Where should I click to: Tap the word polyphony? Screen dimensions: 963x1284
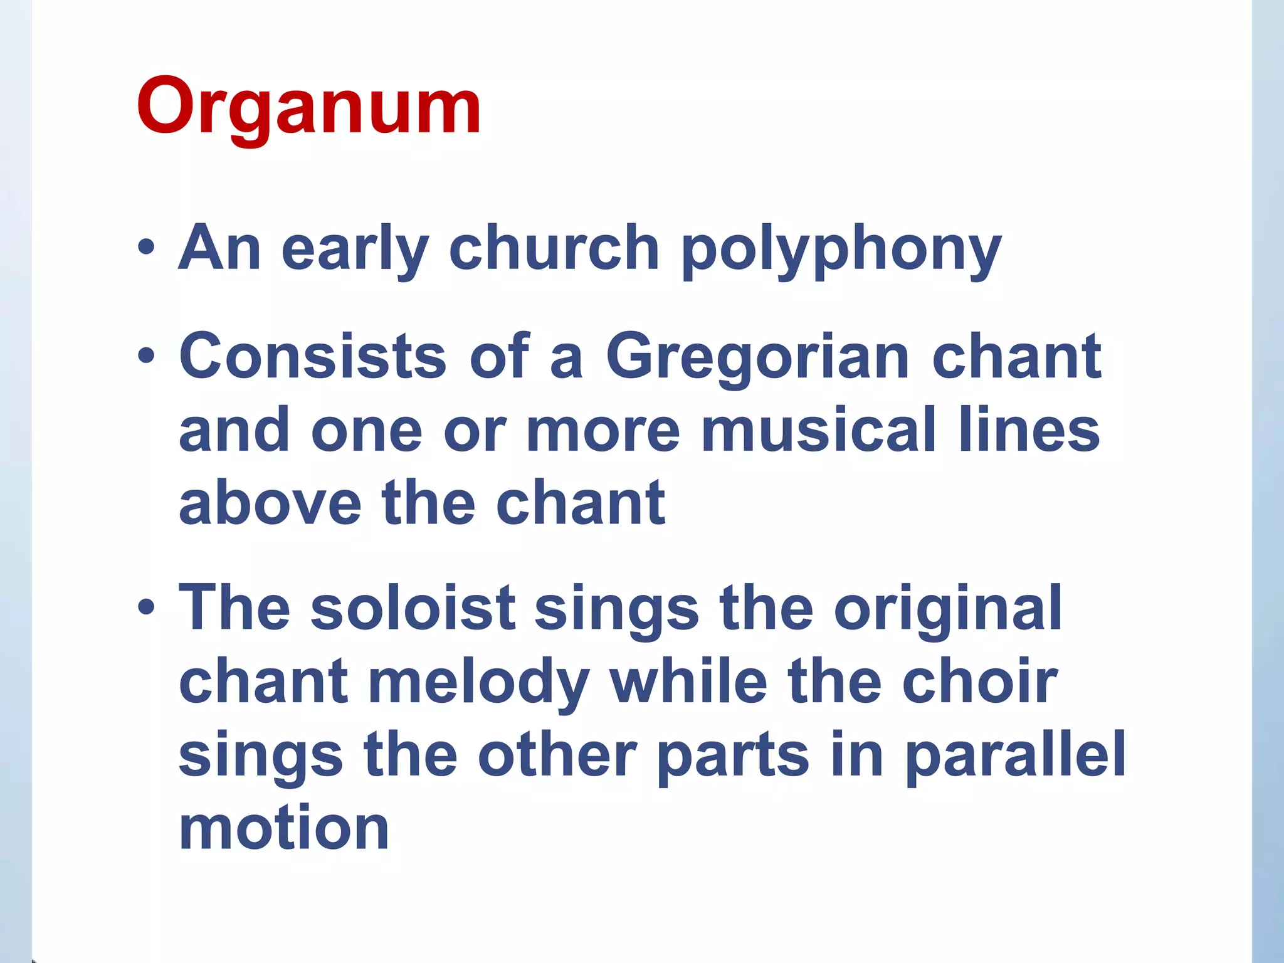[x=841, y=250]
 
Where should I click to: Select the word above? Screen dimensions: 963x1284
[x=270, y=503]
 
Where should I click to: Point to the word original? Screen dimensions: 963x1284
[x=947, y=609]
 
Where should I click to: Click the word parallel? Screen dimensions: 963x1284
[x=1016, y=756]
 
